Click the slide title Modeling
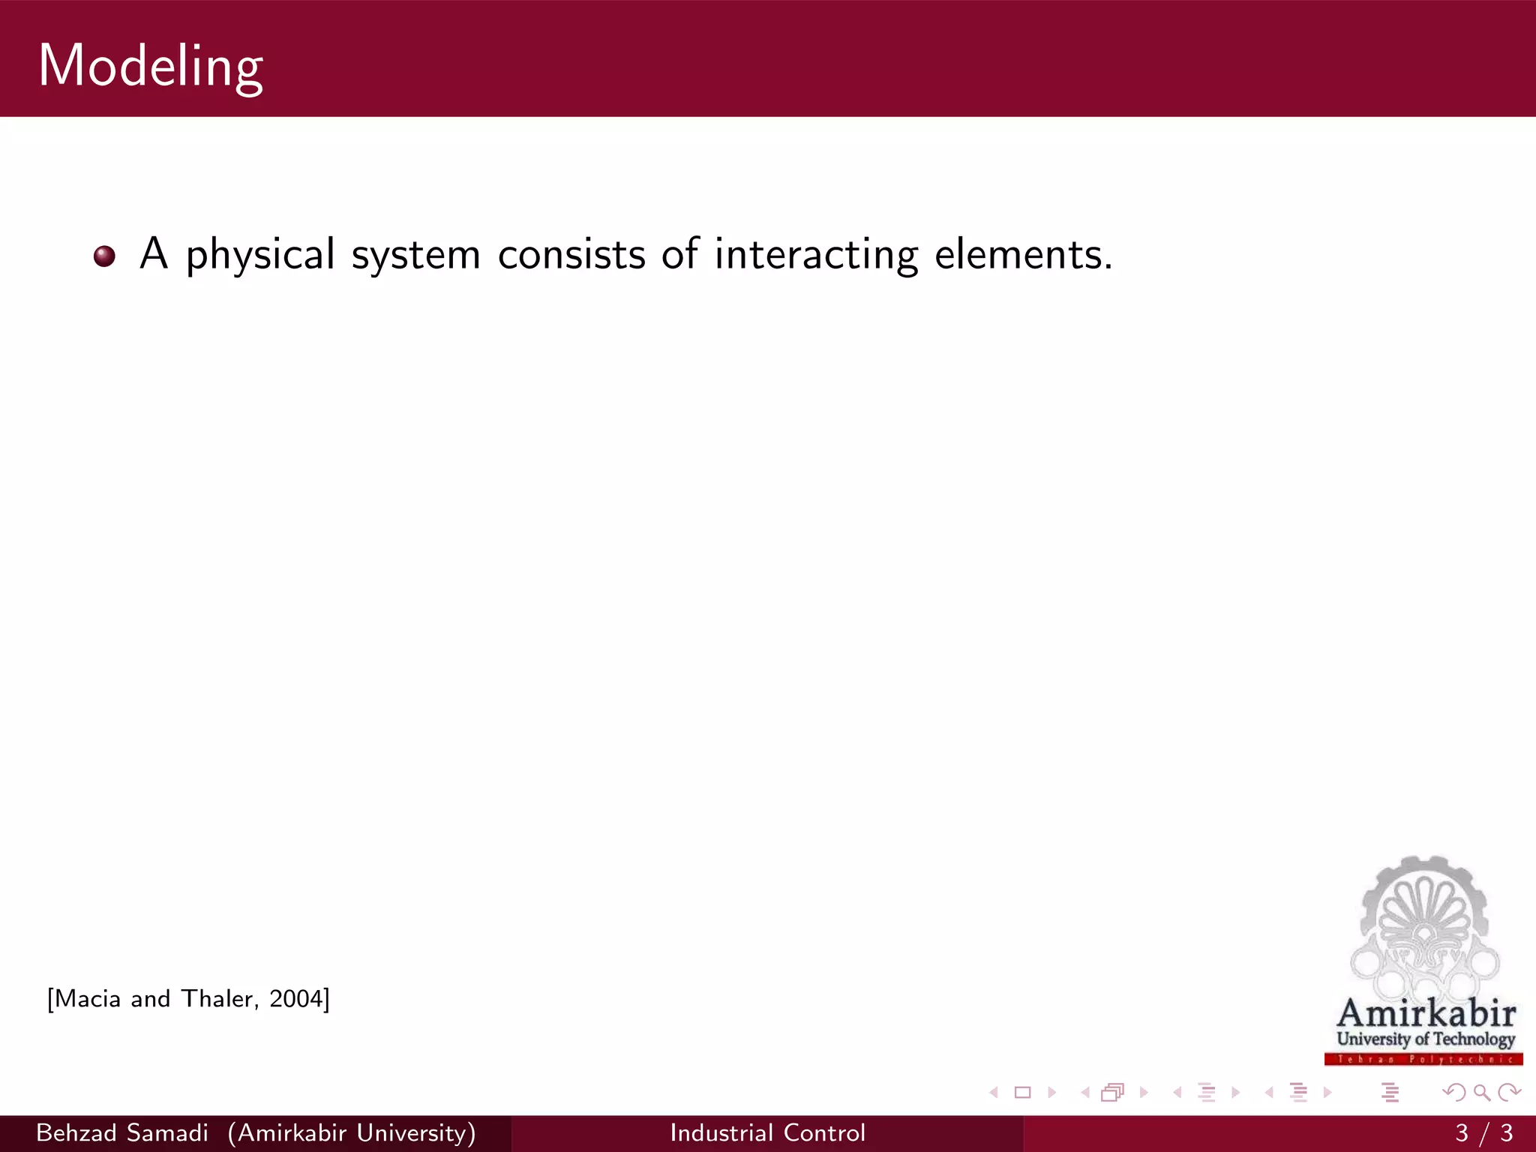150,66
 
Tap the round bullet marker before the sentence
104,256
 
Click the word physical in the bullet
260,255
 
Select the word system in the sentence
415,255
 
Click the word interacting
816,255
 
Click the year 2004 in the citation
296,999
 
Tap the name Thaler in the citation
218,999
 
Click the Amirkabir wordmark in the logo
1426,1013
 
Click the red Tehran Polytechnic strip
1423,1059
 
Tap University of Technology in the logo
1426,1039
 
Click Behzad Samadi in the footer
122,1132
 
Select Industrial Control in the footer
768,1132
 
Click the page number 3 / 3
1483,1132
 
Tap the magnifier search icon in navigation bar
1481,1093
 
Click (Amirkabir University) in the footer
352,1132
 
